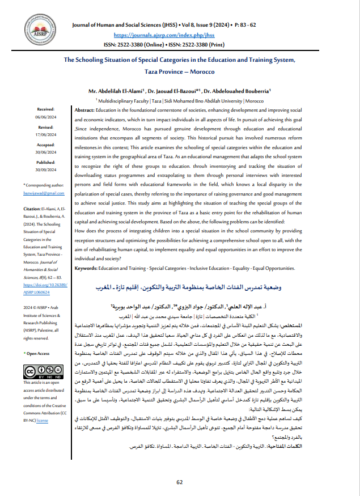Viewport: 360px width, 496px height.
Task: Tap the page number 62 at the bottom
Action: [180, 482]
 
